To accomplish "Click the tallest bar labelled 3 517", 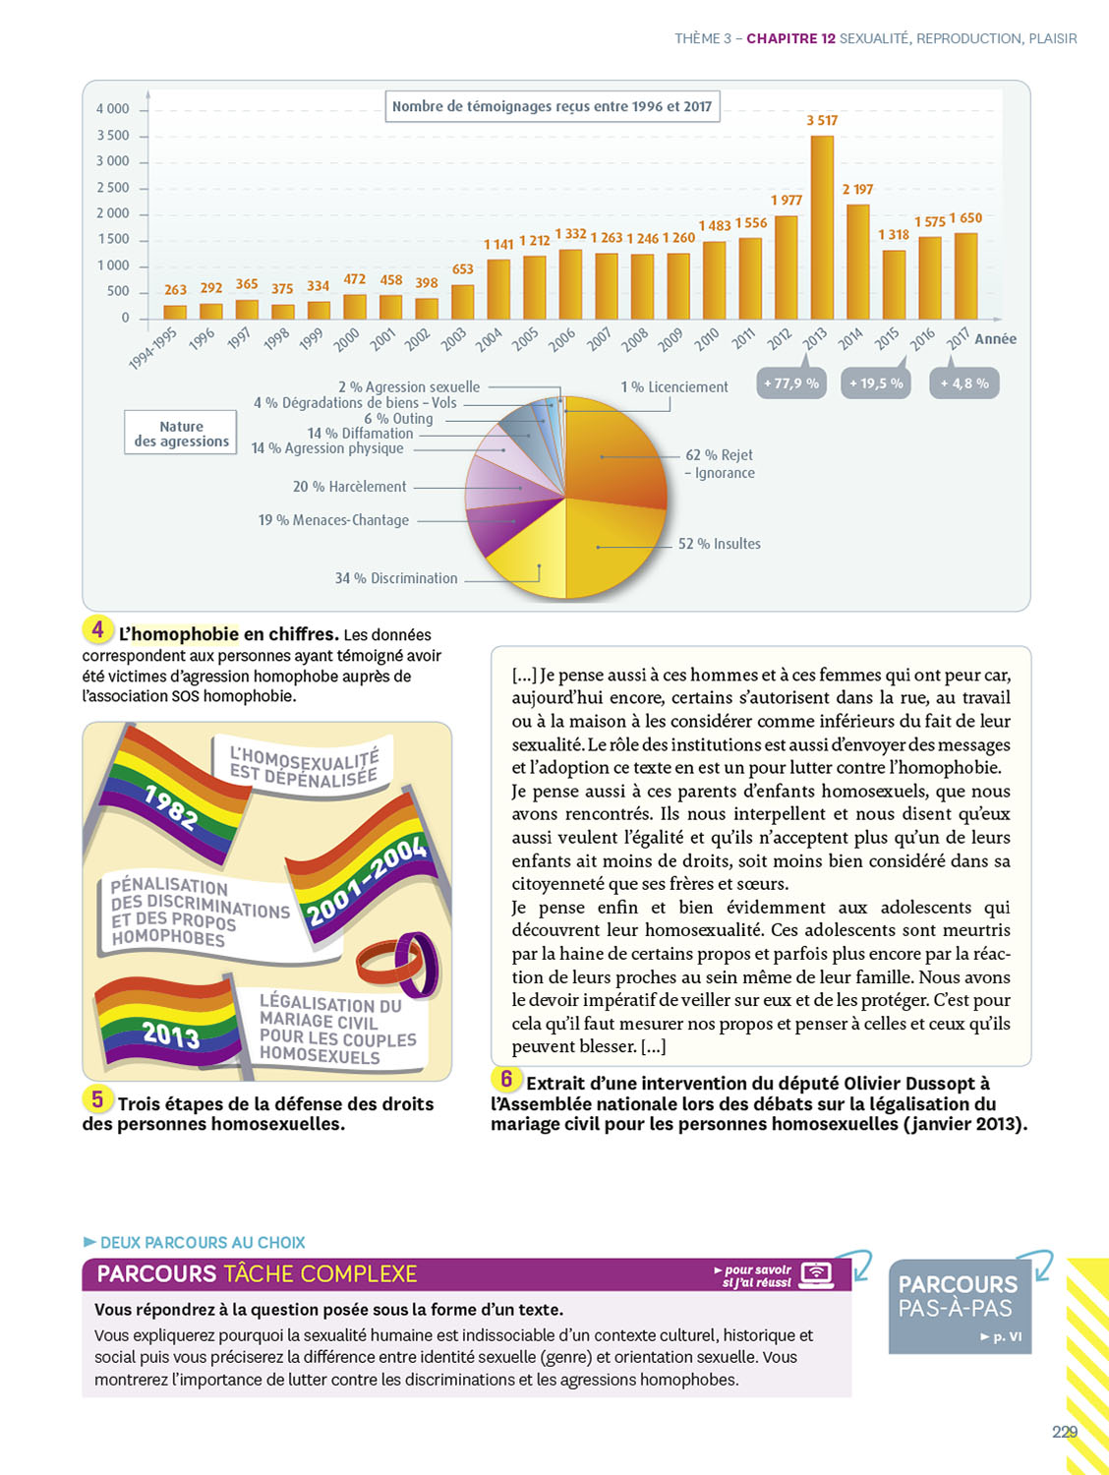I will pos(822,227).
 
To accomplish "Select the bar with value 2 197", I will pos(857,262).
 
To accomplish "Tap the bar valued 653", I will pos(462,302).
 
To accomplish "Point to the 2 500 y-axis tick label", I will pos(112,187).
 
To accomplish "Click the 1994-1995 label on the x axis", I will pos(152,348).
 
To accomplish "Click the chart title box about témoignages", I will pos(552,106).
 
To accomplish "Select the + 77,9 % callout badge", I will pos(791,383).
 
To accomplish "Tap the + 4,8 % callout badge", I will pos(964,383).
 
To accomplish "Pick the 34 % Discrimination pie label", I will pos(396,578).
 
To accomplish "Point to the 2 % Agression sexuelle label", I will pos(409,387).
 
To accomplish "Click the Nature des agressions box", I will pos(181,434).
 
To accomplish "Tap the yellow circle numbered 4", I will pos(97,629).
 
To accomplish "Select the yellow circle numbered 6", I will pos(506,1079).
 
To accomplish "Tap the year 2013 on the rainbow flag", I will pos(170,1033).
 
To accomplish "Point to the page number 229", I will pos(1064,1432).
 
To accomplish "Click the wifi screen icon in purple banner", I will pos(817,1274).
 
